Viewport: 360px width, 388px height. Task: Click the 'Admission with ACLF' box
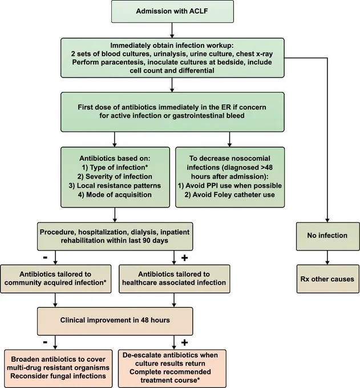click(x=172, y=11)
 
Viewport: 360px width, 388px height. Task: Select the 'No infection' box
click(x=327, y=236)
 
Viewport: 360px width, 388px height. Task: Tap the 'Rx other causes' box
click(x=327, y=279)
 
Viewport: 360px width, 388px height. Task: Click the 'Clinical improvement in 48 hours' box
click(x=115, y=321)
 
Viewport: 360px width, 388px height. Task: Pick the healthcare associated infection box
click(x=174, y=279)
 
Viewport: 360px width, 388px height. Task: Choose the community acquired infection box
click(x=56, y=279)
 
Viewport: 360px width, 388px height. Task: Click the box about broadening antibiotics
click(x=58, y=368)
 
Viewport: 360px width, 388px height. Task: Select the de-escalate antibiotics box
click(x=172, y=368)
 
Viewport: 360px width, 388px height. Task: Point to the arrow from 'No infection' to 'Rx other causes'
click(x=327, y=257)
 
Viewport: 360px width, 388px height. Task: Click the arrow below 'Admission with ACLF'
click(x=172, y=30)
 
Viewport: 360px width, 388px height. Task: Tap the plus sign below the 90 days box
click(x=185, y=258)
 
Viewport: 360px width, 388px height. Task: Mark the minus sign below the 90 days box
click(x=45, y=257)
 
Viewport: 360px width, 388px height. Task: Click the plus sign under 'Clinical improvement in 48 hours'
click(x=185, y=342)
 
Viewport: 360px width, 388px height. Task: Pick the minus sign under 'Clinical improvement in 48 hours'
click(x=45, y=342)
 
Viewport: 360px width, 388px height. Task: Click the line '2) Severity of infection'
click(x=115, y=177)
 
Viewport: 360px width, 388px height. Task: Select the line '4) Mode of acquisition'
click(x=115, y=195)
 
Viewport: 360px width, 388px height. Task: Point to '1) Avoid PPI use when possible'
click(x=230, y=185)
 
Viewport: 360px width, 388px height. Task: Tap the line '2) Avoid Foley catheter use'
click(x=229, y=195)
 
